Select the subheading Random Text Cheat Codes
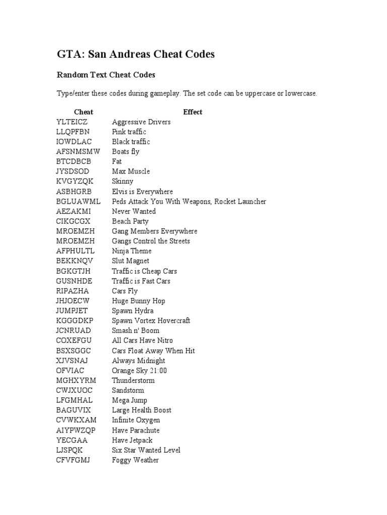coord(106,75)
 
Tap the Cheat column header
coord(83,112)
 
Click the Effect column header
coord(192,112)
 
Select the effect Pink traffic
coord(129,132)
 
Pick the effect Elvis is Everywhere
coord(142,192)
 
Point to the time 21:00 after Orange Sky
coord(158,371)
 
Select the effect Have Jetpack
coord(132,440)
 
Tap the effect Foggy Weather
coord(135,460)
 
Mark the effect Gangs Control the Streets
coord(151,241)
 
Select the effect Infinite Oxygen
coord(136,420)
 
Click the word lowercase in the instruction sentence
coord(301,94)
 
